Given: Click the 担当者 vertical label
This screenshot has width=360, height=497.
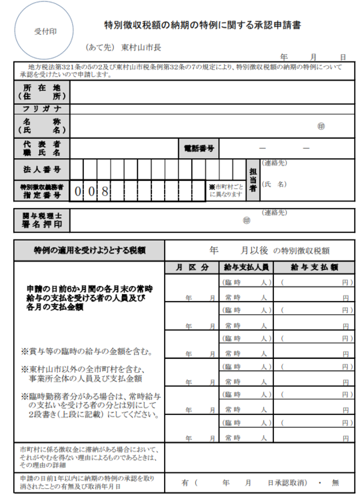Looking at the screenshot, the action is tap(253, 179).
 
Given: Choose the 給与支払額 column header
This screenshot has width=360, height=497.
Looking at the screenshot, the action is tap(313, 268).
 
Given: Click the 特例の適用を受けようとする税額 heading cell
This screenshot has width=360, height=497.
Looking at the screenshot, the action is tap(89, 251).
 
